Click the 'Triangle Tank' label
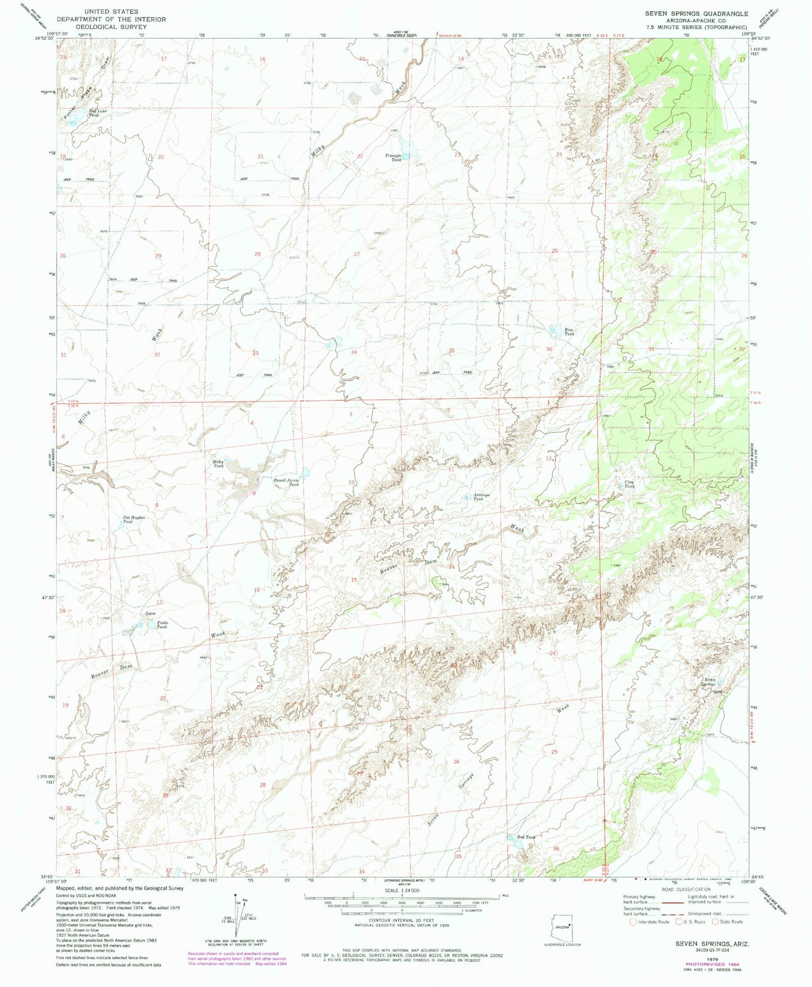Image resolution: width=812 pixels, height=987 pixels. pyautogui.click(x=393, y=157)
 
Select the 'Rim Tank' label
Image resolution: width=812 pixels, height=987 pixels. pyautogui.click(x=569, y=331)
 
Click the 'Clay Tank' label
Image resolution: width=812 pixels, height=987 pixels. pyautogui.click(x=629, y=483)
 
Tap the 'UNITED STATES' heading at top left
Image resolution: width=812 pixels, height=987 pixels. pyautogui.click(x=111, y=11)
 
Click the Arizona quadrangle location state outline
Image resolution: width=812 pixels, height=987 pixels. pyautogui.click(x=564, y=926)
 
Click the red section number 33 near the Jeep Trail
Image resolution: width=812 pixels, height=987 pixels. pyautogui.click(x=256, y=353)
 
